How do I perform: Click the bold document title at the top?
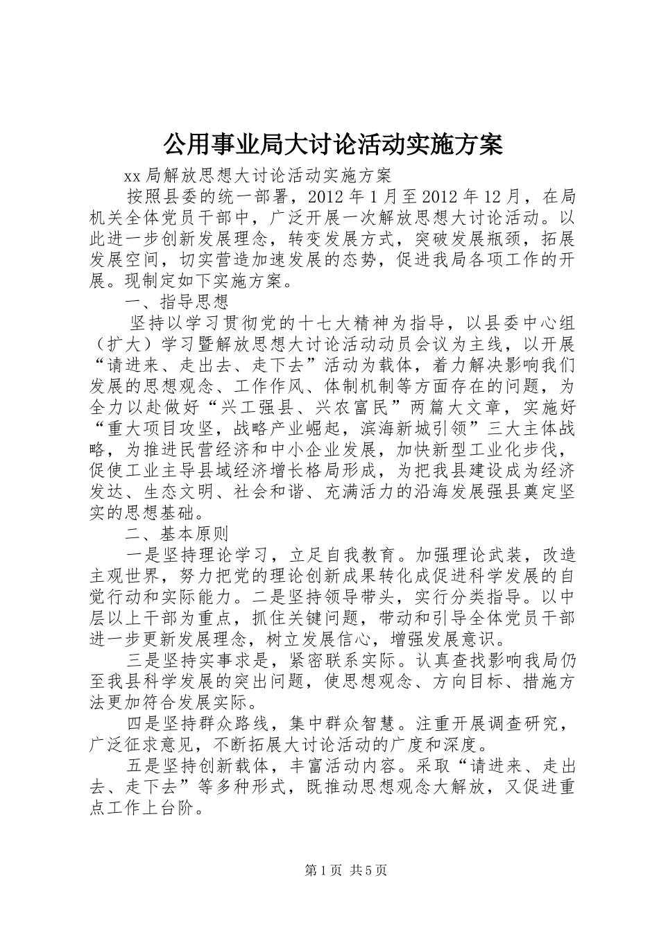332,144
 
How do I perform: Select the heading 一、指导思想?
177,303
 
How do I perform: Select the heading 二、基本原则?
177,534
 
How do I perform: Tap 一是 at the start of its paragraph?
144,555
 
